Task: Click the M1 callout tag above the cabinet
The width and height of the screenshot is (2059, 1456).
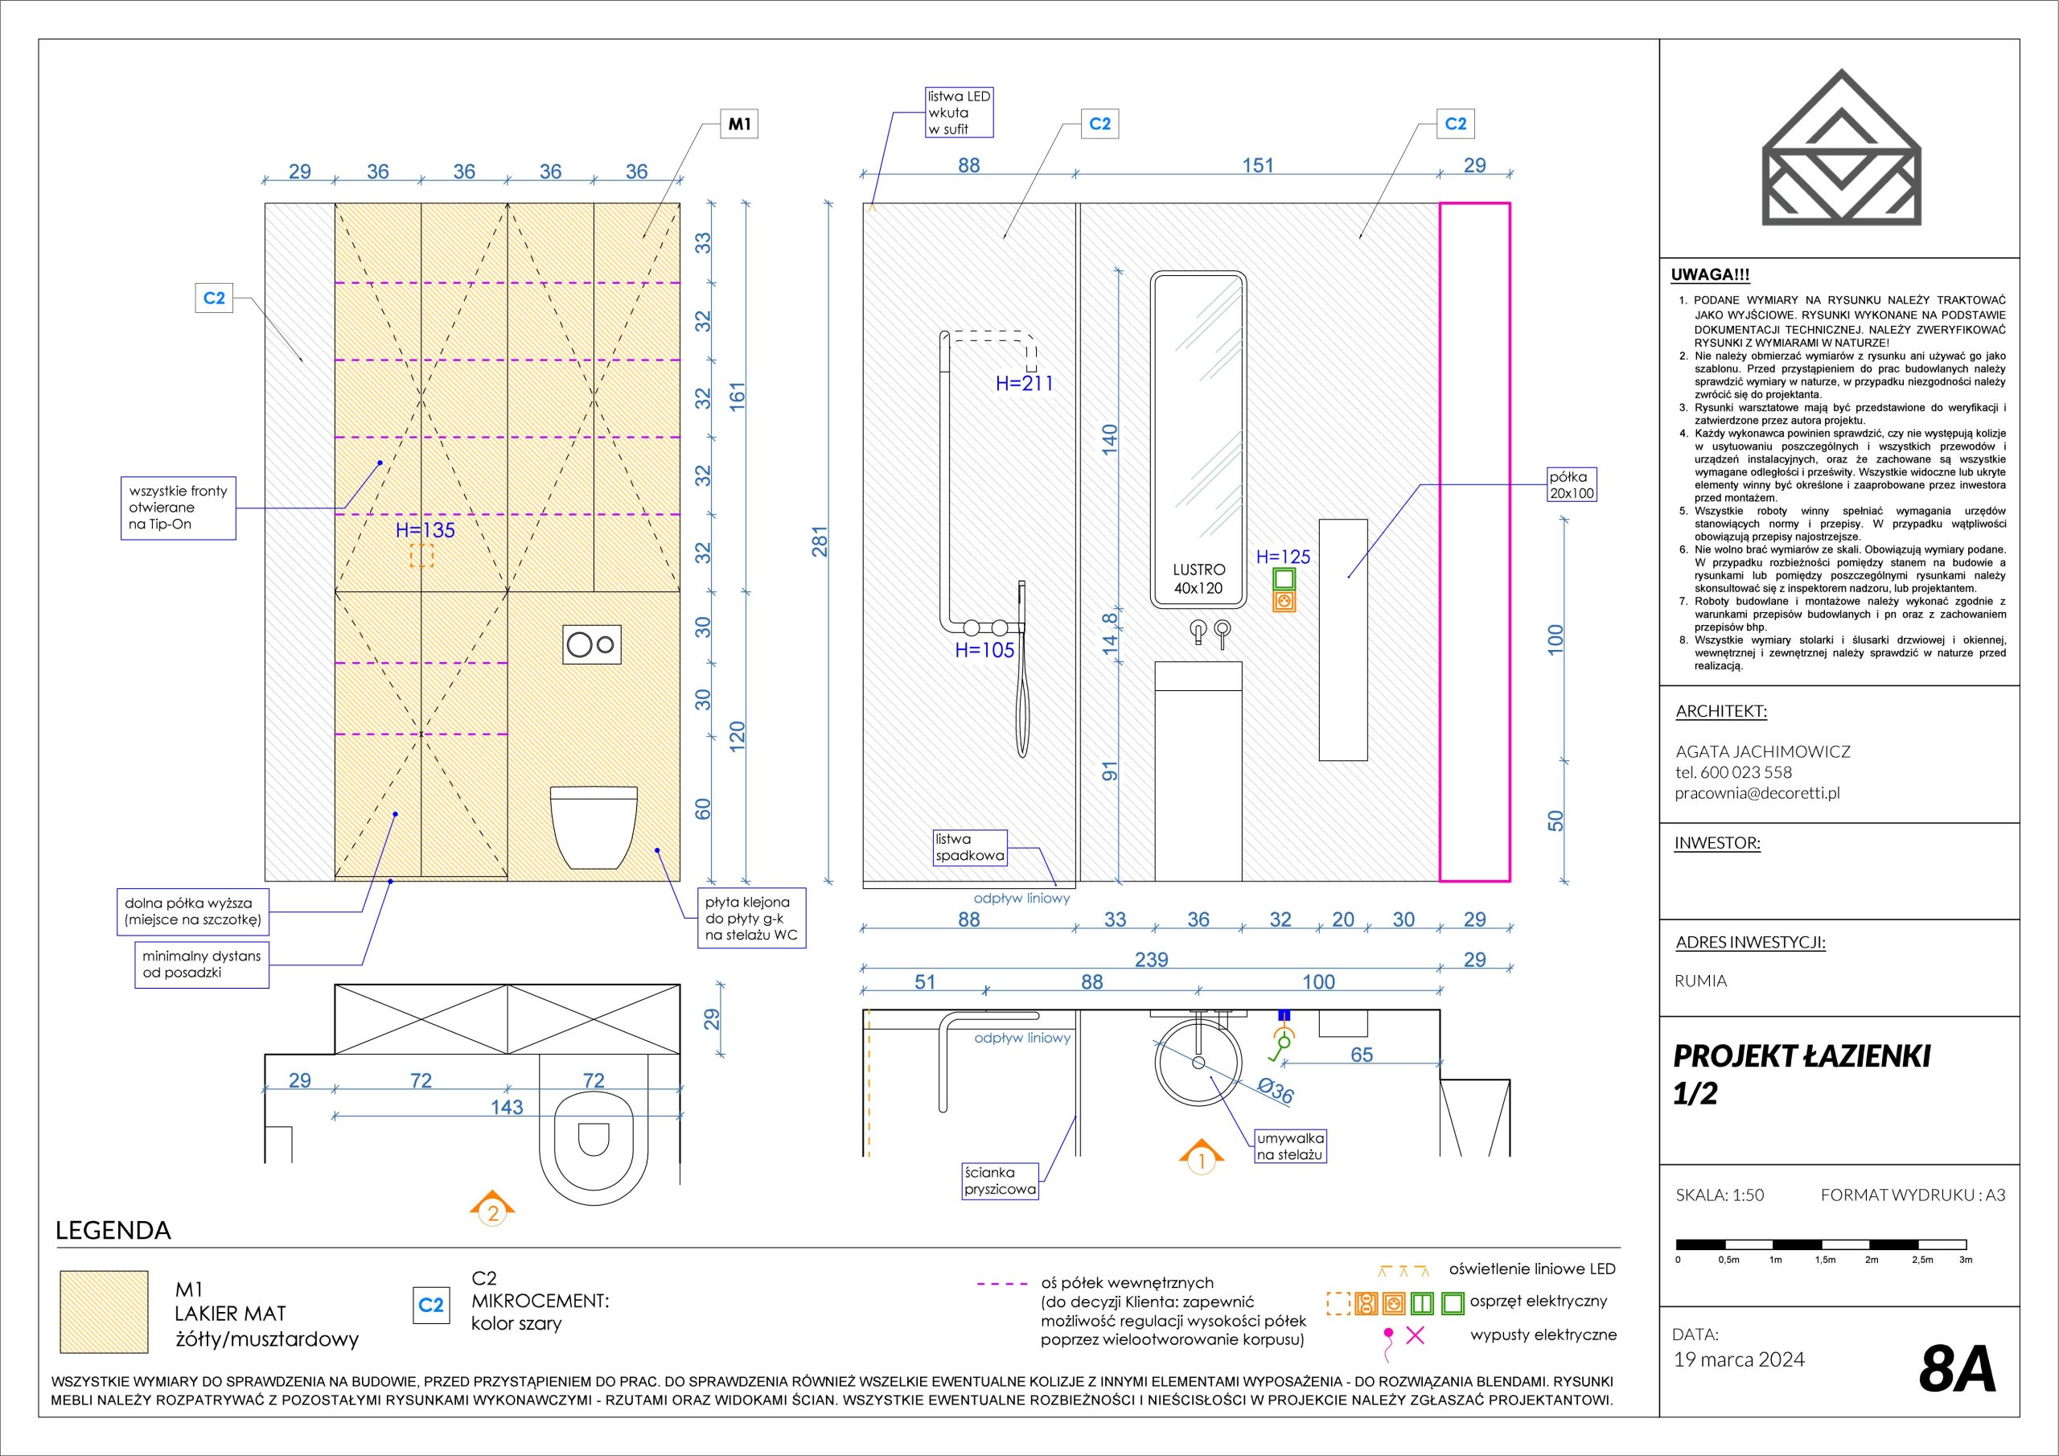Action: point(739,125)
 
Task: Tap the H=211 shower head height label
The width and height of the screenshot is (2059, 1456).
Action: point(1024,384)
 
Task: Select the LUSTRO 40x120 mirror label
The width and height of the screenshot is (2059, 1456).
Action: point(1198,579)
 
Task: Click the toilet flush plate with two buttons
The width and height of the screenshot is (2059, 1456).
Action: point(592,644)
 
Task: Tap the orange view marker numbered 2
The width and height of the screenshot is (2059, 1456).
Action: point(492,1209)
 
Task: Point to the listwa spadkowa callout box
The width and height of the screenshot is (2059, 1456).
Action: point(969,848)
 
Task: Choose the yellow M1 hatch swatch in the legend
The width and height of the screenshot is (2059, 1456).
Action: point(104,1311)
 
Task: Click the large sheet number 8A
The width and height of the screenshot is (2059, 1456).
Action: point(1958,1368)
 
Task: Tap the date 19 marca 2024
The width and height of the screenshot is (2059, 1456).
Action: point(1739,1359)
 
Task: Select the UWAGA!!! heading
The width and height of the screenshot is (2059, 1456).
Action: point(1710,275)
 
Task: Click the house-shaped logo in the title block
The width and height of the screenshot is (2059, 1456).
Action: point(1841,148)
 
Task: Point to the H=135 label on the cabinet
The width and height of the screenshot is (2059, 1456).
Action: point(425,530)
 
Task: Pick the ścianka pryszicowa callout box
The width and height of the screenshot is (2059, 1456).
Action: point(1000,1181)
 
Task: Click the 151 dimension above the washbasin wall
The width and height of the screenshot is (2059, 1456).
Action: point(1257,166)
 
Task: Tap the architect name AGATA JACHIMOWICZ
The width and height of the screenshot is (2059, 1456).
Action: point(1762,752)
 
